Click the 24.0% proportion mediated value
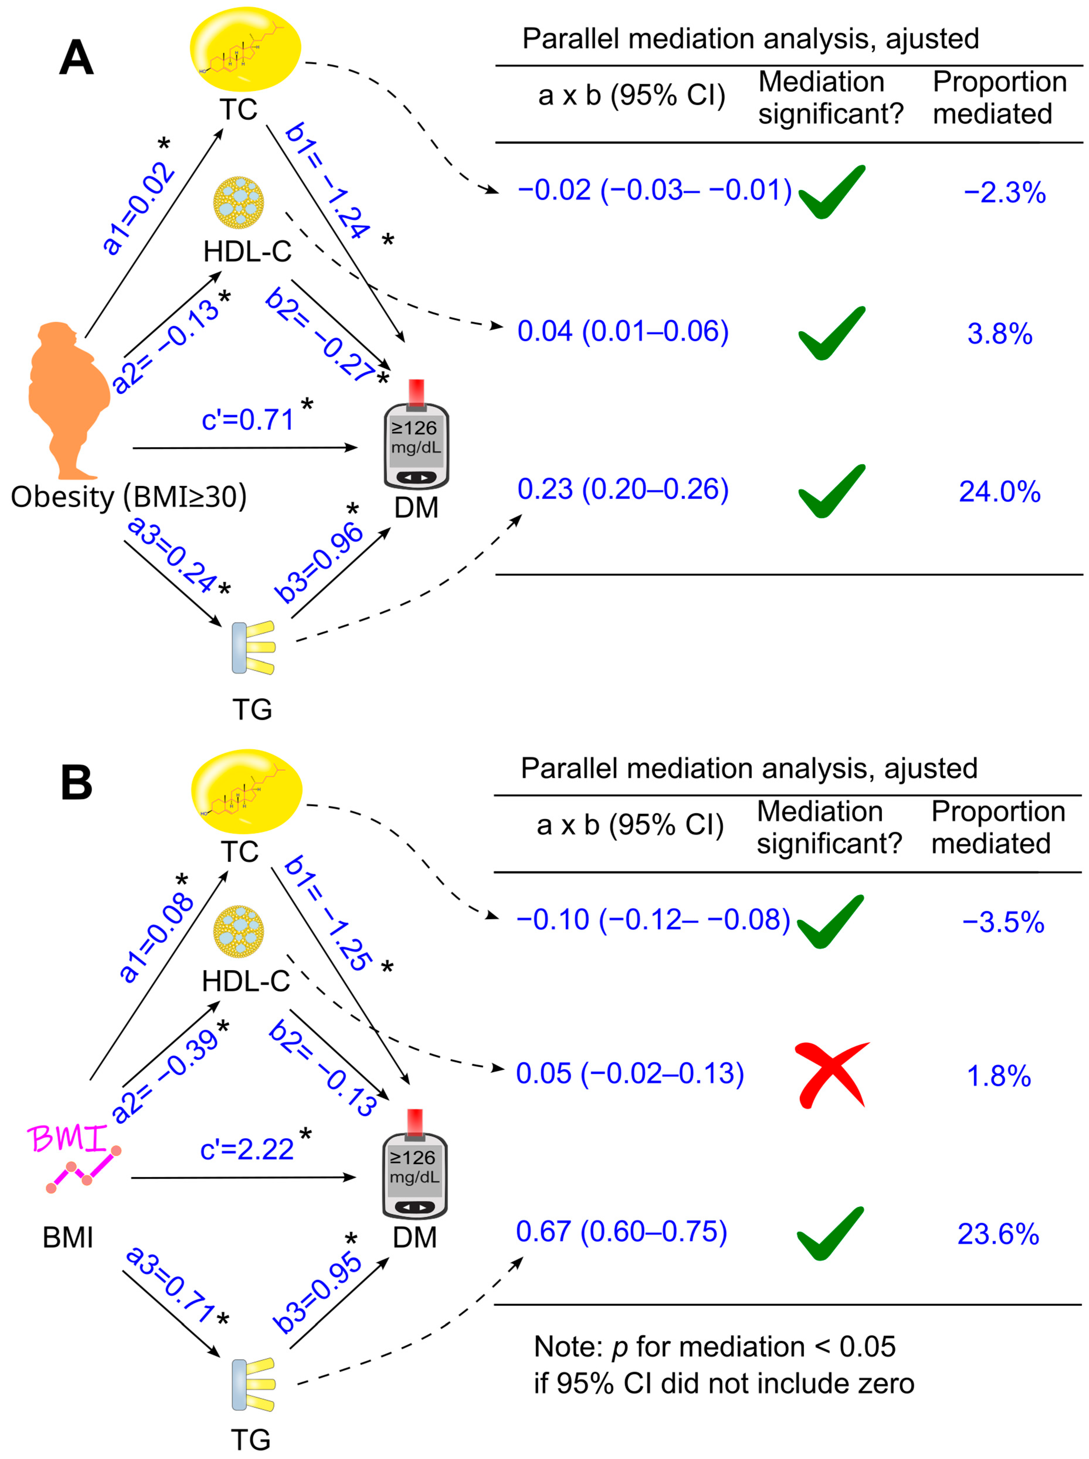click(999, 492)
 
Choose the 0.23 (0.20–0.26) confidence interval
click(623, 489)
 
